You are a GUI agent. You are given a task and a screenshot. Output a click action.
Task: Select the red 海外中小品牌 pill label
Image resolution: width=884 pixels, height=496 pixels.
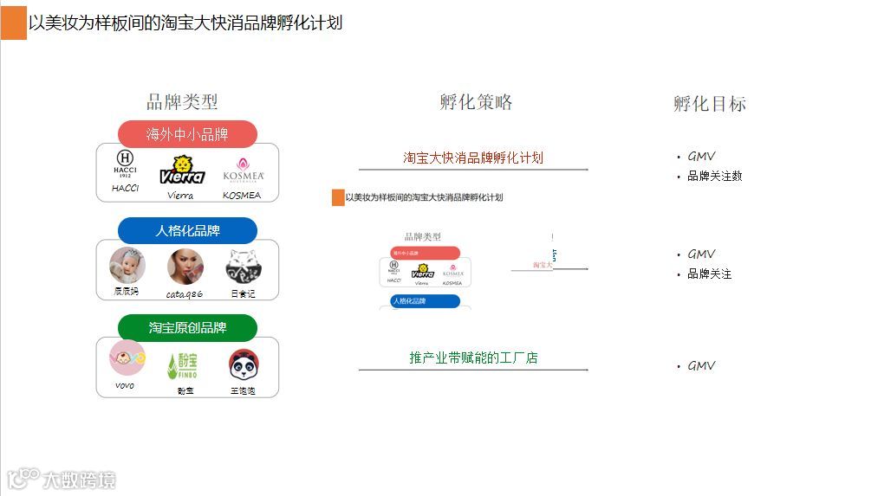tap(187, 134)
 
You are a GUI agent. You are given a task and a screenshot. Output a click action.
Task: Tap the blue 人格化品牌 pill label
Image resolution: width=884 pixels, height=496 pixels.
tap(187, 231)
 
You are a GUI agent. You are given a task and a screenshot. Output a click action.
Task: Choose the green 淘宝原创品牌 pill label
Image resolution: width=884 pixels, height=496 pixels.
tap(187, 328)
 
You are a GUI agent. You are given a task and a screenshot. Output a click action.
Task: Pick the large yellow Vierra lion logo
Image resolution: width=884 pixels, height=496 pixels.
tap(182, 170)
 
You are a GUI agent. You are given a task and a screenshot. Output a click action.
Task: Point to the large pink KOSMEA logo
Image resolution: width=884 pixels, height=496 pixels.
tap(243, 170)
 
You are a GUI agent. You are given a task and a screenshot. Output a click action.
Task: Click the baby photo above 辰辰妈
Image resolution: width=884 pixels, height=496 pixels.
tap(127, 265)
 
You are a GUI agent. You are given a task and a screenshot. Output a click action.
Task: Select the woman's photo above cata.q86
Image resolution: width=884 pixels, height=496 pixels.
tap(185, 267)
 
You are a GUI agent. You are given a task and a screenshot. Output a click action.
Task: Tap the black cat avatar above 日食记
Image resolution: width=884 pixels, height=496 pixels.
tap(244, 267)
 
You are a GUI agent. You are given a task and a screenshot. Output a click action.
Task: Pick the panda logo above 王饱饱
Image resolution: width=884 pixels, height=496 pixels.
tap(244, 364)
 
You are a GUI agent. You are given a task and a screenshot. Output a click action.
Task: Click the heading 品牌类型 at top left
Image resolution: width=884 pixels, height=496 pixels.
tap(182, 102)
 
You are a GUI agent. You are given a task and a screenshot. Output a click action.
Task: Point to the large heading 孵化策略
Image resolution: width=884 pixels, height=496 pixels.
tap(476, 102)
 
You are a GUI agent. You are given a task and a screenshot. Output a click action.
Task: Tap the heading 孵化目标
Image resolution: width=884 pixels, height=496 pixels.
tap(709, 104)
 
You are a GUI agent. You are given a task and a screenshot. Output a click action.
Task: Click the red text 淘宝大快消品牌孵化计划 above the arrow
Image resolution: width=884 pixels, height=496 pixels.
tap(473, 158)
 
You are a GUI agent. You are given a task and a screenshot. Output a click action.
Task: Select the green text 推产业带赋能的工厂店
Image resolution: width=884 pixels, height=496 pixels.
tap(473, 358)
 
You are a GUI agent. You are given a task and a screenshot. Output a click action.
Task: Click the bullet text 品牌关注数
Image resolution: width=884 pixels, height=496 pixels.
tap(714, 177)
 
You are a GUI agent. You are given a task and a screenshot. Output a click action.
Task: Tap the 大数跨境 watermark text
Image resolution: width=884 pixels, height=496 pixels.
tap(78, 480)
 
